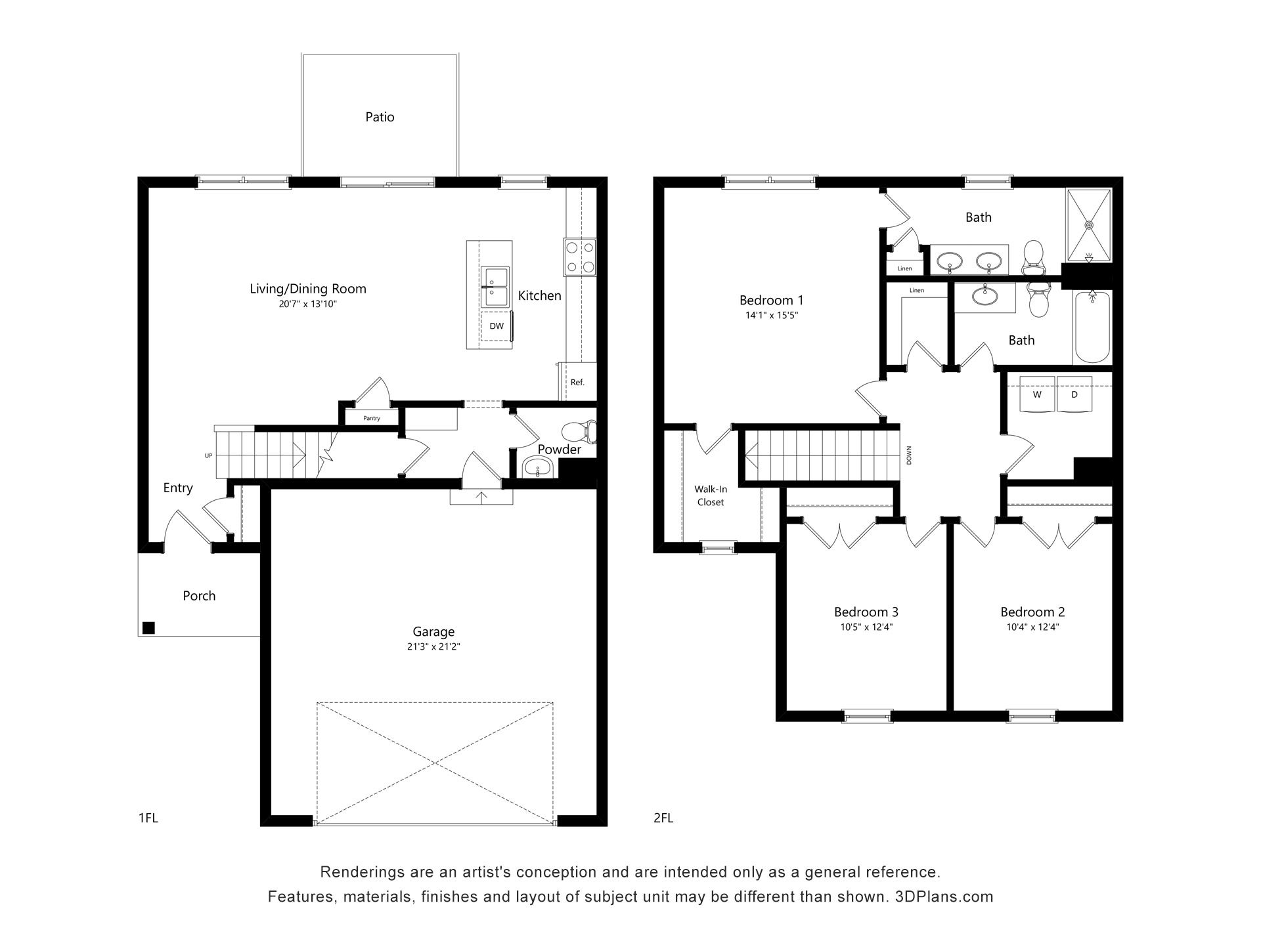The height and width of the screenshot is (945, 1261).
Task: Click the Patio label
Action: click(x=380, y=117)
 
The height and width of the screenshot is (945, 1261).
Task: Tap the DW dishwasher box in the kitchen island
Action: click(x=497, y=326)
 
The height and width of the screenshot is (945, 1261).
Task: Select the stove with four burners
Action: click(x=580, y=257)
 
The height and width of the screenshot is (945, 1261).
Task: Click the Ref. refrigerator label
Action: click(x=577, y=382)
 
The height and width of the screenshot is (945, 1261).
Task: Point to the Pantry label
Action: click(x=372, y=418)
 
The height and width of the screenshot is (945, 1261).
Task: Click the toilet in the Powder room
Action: click(x=579, y=431)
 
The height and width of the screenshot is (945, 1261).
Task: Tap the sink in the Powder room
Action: click(x=539, y=469)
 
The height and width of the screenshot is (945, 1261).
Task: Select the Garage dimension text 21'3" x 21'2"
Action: click(x=433, y=646)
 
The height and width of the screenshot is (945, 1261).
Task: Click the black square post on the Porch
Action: click(x=148, y=628)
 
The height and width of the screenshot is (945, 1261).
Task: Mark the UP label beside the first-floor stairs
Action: click(x=209, y=455)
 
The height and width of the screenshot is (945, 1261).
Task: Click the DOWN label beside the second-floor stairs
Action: click(x=910, y=455)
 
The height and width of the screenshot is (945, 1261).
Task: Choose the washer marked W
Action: click(x=1037, y=394)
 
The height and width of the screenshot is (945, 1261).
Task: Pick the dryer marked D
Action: click(x=1074, y=394)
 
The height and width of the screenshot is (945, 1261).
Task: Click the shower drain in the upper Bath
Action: click(x=1089, y=224)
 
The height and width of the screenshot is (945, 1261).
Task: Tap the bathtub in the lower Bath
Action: click(x=1092, y=327)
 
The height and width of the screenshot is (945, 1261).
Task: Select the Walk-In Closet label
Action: click(x=711, y=495)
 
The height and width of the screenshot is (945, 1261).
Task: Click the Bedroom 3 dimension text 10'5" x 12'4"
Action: click(x=866, y=627)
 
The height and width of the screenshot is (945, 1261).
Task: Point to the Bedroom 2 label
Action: click(x=1032, y=612)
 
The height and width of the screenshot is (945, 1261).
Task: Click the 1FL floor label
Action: click(x=148, y=818)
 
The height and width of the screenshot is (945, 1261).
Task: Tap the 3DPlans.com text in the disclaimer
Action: click(x=944, y=896)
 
